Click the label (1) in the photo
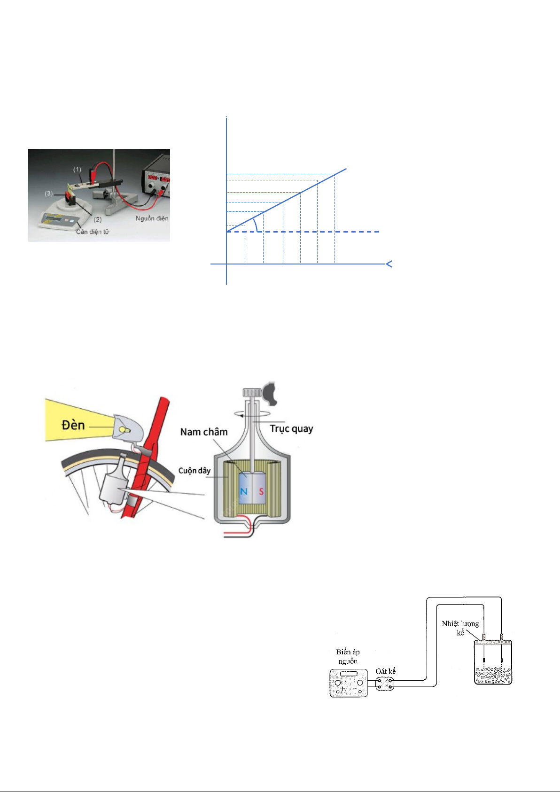pyautogui.click(x=77, y=170)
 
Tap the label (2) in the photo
pyautogui.click(x=98, y=219)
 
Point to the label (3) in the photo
pyautogui.click(x=49, y=194)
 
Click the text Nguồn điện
pyautogui.click(x=152, y=218)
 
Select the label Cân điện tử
pyautogui.click(x=93, y=232)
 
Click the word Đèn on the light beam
pyautogui.click(x=73, y=425)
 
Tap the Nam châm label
pyautogui.click(x=204, y=432)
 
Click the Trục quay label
pyautogui.click(x=292, y=428)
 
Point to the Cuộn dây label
pyautogui.click(x=194, y=471)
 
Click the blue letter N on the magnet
pyautogui.click(x=243, y=491)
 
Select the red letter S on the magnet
pyautogui.click(x=261, y=491)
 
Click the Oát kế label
pyautogui.click(x=385, y=671)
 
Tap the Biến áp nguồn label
pyautogui.click(x=348, y=656)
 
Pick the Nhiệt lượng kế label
pyautogui.click(x=460, y=628)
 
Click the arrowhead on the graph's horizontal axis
pyautogui.click(x=389, y=264)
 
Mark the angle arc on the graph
pyautogui.click(x=257, y=225)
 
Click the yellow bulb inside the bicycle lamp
pyautogui.click(x=124, y=430)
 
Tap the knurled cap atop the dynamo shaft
pyautogui.click(x=252, y=392)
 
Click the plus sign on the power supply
pyautogui.click(x=342, y=689)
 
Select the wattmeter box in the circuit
pyautogui.click(x=385, y=684)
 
